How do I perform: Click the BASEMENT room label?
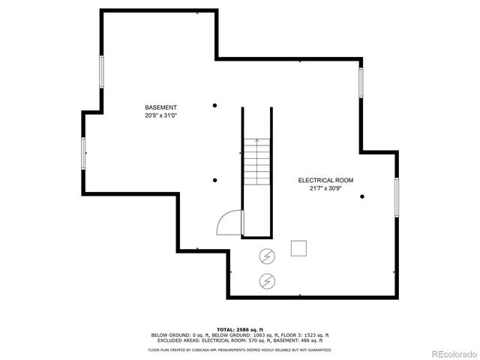pyautogui.click(x=161, y=107)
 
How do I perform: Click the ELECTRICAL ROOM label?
pyautogui.click(x=325, y=180)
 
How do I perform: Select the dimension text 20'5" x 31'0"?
pyautogui.click(x=161, y=116)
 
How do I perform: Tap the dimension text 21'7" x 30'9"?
pyautogui.click(x=325, y=189)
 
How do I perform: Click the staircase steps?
pyautogui.click(x=256, y=160)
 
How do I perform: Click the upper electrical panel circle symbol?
pyautogui.click(x=266, y=256)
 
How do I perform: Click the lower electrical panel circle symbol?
pyautogui.click(x=266, y=282)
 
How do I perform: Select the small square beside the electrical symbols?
pyautogui.click(x=299, y=248)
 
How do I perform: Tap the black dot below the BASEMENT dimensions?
pyautogui.click(x=215, y=180)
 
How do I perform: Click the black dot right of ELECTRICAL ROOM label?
pyautogui.click(x=362, y=196)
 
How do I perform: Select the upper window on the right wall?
pyautogui.click(x=361, y=82)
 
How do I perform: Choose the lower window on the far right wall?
pyautogui.click(x=397, y=196)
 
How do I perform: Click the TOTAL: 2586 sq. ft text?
pyautogui.click(x=239, y=329)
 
